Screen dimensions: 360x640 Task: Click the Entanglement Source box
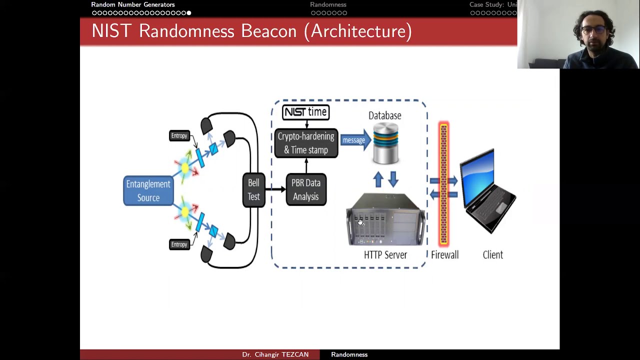pos(148,191)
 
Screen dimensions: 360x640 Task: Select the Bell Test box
pos(253,190)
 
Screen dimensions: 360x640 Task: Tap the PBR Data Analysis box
pos(306,189)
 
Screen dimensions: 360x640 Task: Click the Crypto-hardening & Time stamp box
pos(306,143)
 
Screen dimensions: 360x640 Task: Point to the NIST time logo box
pos(305,112)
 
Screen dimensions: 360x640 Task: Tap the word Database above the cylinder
pos(384,115)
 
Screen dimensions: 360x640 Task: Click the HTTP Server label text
pos(385,255)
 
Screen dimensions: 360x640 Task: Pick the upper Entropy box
pos(179,135)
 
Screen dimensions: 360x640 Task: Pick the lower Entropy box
pos(179,244)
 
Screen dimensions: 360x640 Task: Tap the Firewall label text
pos(444,255)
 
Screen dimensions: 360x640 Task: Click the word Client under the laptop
pos(492,255)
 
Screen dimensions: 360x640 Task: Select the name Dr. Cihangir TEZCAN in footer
pos(275,354)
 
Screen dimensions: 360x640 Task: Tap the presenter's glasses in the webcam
pos(593,30)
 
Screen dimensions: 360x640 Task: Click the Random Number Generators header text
pos(133,4)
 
